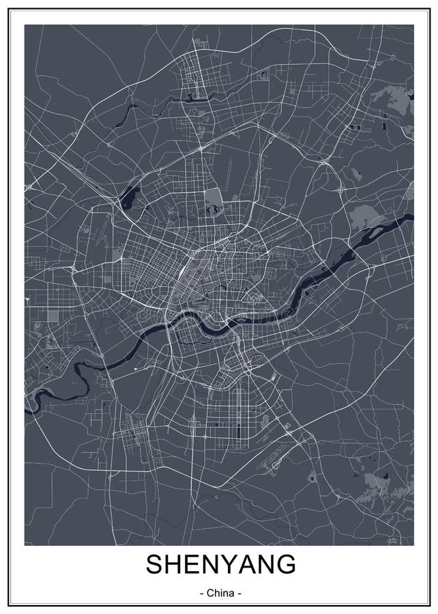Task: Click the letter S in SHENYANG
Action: point(156,565)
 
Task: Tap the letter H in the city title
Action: point(176,565)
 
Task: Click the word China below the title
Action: point(220,594)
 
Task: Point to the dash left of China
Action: point(201,594)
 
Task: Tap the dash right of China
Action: point(239,594)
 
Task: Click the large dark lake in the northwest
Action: point(128,199)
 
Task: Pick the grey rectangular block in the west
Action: point(53,315)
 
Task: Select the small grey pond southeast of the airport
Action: point(311,475)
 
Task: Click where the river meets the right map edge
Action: point(411,217)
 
